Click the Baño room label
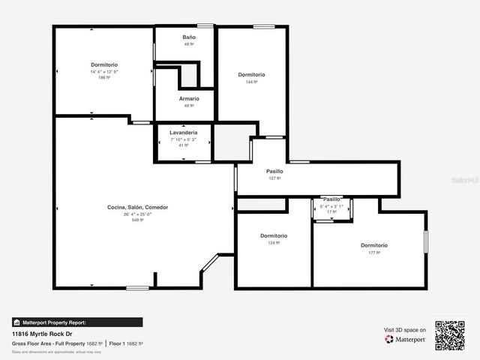189,37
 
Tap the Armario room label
189,99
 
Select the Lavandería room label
183,133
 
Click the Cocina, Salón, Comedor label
137,207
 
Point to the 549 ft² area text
137,220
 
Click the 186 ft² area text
104,77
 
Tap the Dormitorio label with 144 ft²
251,74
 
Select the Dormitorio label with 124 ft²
274,235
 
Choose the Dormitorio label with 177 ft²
373,245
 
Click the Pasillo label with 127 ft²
274,171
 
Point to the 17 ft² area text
331,212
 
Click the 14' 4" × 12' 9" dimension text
104,71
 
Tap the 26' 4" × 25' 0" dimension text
137,214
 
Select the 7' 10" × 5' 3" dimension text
183,139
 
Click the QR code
450,335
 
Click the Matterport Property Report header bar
77,322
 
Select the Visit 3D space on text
405,330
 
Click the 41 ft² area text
183,145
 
